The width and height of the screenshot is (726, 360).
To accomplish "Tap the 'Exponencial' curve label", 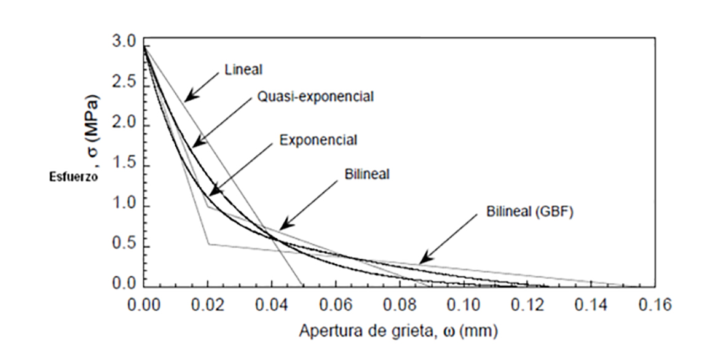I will click(x=318, y=140).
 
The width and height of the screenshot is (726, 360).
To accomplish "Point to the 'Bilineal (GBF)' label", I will click(x=529, y=213).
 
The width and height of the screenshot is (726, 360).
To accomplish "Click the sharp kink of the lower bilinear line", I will click(x=208, y=245).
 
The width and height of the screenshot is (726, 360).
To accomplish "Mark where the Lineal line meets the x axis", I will click(x=302, y=286).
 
